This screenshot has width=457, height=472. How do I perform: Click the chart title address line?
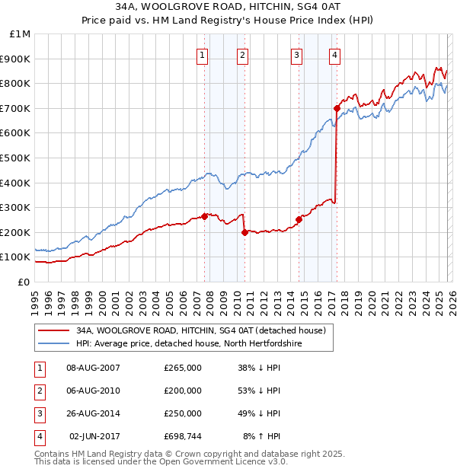tap(228, 6)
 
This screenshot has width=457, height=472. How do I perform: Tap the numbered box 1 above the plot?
tap(202, 54)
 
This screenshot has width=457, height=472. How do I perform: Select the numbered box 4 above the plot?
tap(335, 54)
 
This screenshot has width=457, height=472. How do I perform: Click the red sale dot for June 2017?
tap(337, 108)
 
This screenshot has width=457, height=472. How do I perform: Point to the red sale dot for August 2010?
tap(244, 232)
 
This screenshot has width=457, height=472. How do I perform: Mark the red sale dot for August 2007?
tap(204, 216)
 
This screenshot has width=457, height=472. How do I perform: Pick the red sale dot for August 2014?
tap(299, 220)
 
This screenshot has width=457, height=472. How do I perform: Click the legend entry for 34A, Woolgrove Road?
tap(201, 330)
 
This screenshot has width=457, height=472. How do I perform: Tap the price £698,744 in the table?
tap(182, 437)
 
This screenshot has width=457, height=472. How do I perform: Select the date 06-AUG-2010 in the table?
tap(94, 391)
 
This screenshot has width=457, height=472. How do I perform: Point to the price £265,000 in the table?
tap(182, 368)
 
